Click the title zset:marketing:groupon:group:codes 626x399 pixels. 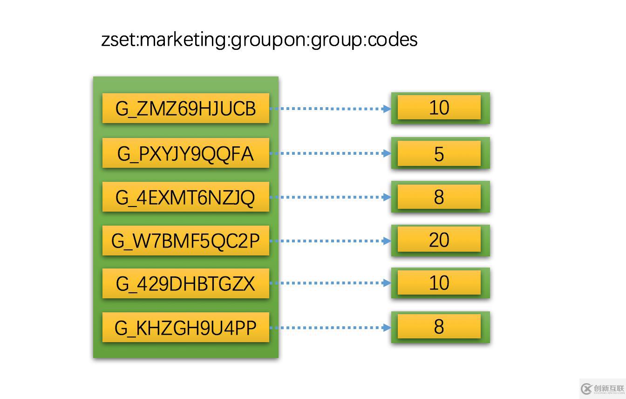click(259, 40)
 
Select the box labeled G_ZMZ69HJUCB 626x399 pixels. click(186, 108)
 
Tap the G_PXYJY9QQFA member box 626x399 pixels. click(186, 153)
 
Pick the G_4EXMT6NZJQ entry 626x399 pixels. click(186, 197)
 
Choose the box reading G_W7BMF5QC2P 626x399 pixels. click(186, 241)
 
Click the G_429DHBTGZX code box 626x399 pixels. click(186, 283)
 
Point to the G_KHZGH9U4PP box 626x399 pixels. click(186, 327)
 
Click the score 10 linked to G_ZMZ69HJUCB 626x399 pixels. click(439, 107)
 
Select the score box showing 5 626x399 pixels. click(439, 153)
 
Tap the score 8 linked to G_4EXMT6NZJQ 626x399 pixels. click(439, 197)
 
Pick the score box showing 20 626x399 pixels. click(439, 239)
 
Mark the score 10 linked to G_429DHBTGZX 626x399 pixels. click(439, 282)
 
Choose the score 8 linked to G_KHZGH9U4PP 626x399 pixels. click(439, 326)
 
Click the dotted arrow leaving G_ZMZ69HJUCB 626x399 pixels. click(330, 109)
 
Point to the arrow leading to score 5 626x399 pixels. click(330, 153)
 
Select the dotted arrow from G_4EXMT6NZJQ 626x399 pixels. click(330, 197)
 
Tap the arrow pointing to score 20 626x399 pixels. click(330, 241)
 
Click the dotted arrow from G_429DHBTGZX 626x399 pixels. click(330, 283)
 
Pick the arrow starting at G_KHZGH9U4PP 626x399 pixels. click(330, 327)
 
